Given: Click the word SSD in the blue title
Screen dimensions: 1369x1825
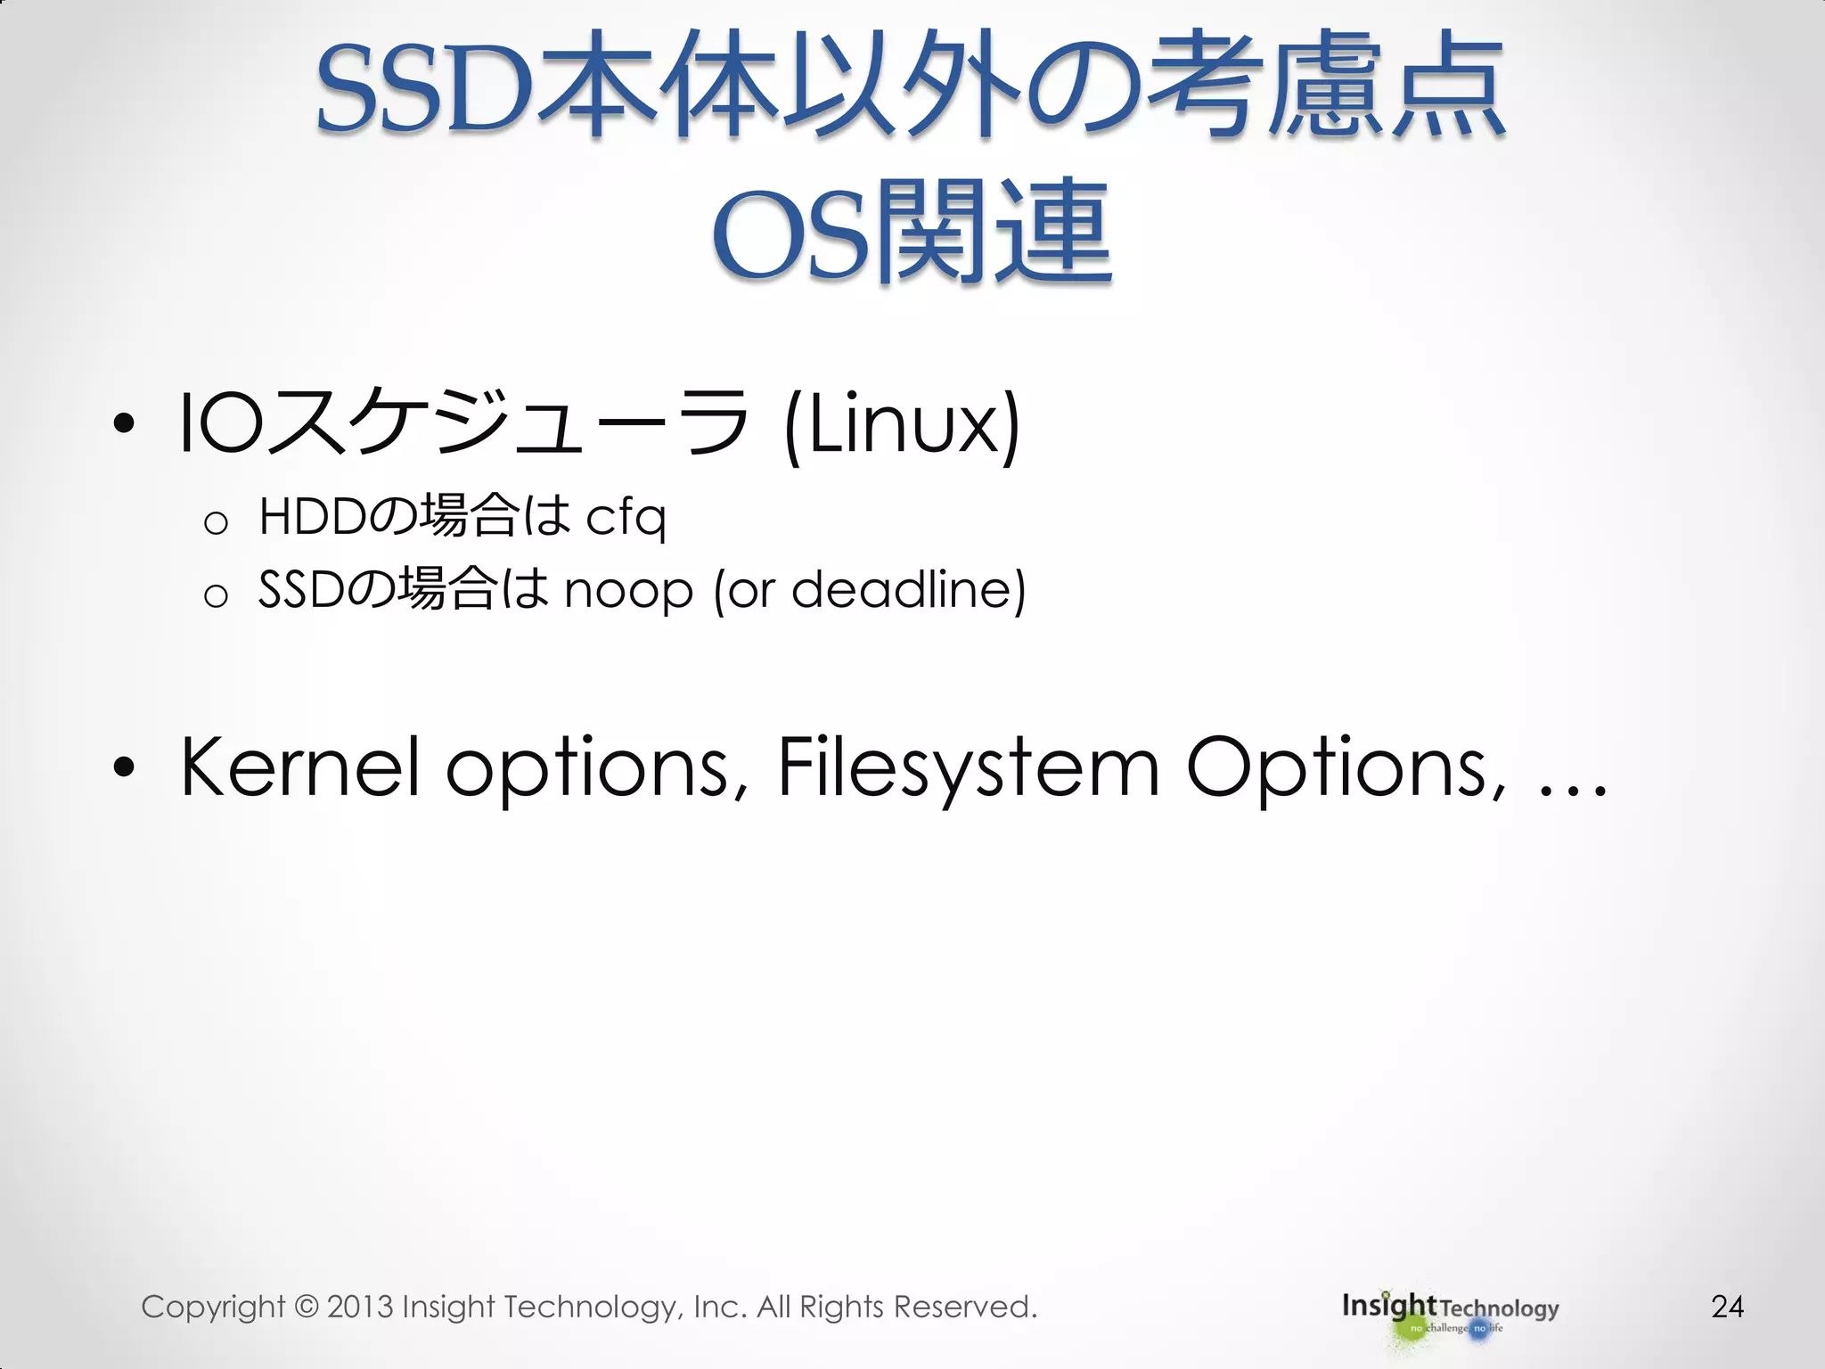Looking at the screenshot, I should [424, 93].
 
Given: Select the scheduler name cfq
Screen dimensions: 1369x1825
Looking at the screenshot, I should [626, 517].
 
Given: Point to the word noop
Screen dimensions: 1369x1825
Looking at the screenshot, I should [628, 591].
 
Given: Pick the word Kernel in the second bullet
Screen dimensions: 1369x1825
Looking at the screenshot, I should [299, 766].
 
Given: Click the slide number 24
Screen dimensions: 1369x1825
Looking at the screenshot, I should [1727, 1307].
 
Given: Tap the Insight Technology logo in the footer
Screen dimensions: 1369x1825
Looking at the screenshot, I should [1450, 1314].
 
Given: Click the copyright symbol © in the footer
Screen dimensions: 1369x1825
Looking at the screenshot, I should [306, 1308].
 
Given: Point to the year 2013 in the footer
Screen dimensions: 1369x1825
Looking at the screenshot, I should [360, 1308].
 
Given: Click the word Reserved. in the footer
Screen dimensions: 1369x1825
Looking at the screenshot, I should [965, 1307].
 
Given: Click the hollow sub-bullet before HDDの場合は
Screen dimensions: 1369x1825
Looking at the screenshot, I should [216, 522].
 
